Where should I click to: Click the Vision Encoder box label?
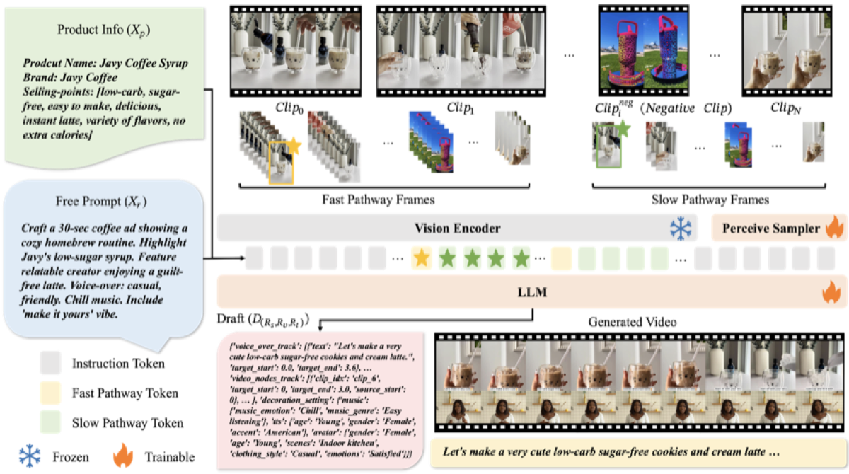(x=457, y=228)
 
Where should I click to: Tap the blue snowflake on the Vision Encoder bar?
(x=681, y=228)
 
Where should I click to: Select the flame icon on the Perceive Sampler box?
(x=835, y=226)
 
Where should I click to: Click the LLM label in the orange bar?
(x=532, y=292)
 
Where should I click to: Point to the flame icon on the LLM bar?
(x=832, y=291)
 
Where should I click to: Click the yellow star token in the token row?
(x=422, y=258)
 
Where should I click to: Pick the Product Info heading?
(x=103, y=30)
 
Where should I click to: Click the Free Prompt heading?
(x=101, y=202)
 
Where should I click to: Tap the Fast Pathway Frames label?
(x=379, y=200)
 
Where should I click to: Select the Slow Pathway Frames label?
(x=710, y=200)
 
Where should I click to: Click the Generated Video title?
(x=633, y=322)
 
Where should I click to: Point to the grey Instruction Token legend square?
(x=50, y=363)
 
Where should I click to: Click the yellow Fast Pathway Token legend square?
(x=50, y=393)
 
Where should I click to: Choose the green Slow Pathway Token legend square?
(x=50, y=422)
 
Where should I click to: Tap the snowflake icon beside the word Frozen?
(x=30, y=456)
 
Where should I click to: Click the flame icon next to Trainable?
(x=123, y=456)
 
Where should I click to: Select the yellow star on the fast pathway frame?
(x=293, y=146)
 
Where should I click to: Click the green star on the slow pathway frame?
(x=623, y=129)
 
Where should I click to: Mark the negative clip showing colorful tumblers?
(x=644, y=51)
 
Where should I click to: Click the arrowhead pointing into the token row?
(x=243, y=258)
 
